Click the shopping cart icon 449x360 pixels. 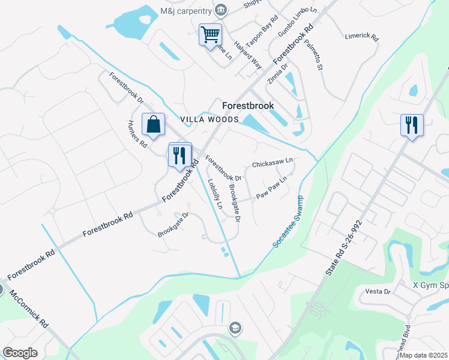click(x=210, y=35)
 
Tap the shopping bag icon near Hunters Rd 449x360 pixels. click(x=154, y=124)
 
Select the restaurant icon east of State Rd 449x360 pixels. click(x=412, y=125)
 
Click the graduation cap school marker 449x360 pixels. click(x=236, y=328)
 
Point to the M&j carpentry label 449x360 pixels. click(x=185, y=10)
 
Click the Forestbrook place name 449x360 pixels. click(x=248, y=106)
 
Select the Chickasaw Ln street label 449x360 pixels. click(x=272, y=163)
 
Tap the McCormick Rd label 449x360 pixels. click(x=36, y=313)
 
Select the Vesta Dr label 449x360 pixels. click(x=378, y=292)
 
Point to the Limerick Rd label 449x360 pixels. click(x=362, y=37)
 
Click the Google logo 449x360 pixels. click(x=20, y=353)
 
